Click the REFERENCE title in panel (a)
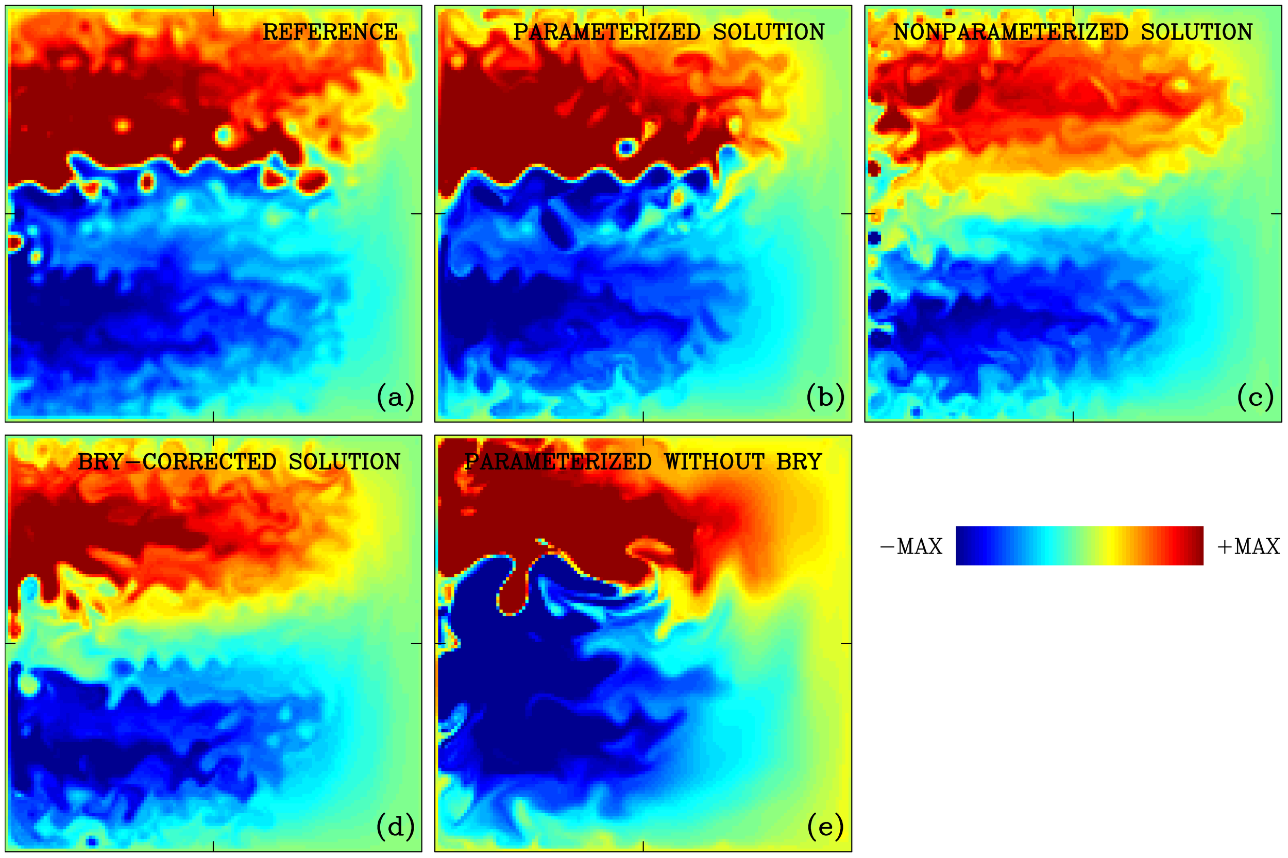(x=330, y=32)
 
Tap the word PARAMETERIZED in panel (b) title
(x=606, y=32)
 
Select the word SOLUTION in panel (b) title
(x=769, y=32)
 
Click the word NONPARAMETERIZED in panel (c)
(x=1010, y=32)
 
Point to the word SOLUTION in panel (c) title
(x=1197, y=32)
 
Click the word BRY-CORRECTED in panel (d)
(x=177, y=462)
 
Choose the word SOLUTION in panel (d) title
(x=344, y=462)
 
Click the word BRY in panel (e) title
(x=799, y=462)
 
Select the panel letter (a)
(x=395, y=397)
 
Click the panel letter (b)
(x=825, y=397)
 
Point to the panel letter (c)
(x=1255, y=397)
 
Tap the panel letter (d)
(x=395, y=826)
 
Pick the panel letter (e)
(x=825, y=826)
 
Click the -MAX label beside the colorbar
(x=911, y=546)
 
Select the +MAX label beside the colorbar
(x=1248, y=546)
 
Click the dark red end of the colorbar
(x=1193, y=545)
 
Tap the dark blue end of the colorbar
(x=967, y=545)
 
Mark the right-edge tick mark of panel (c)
(x=1277, y=213)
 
